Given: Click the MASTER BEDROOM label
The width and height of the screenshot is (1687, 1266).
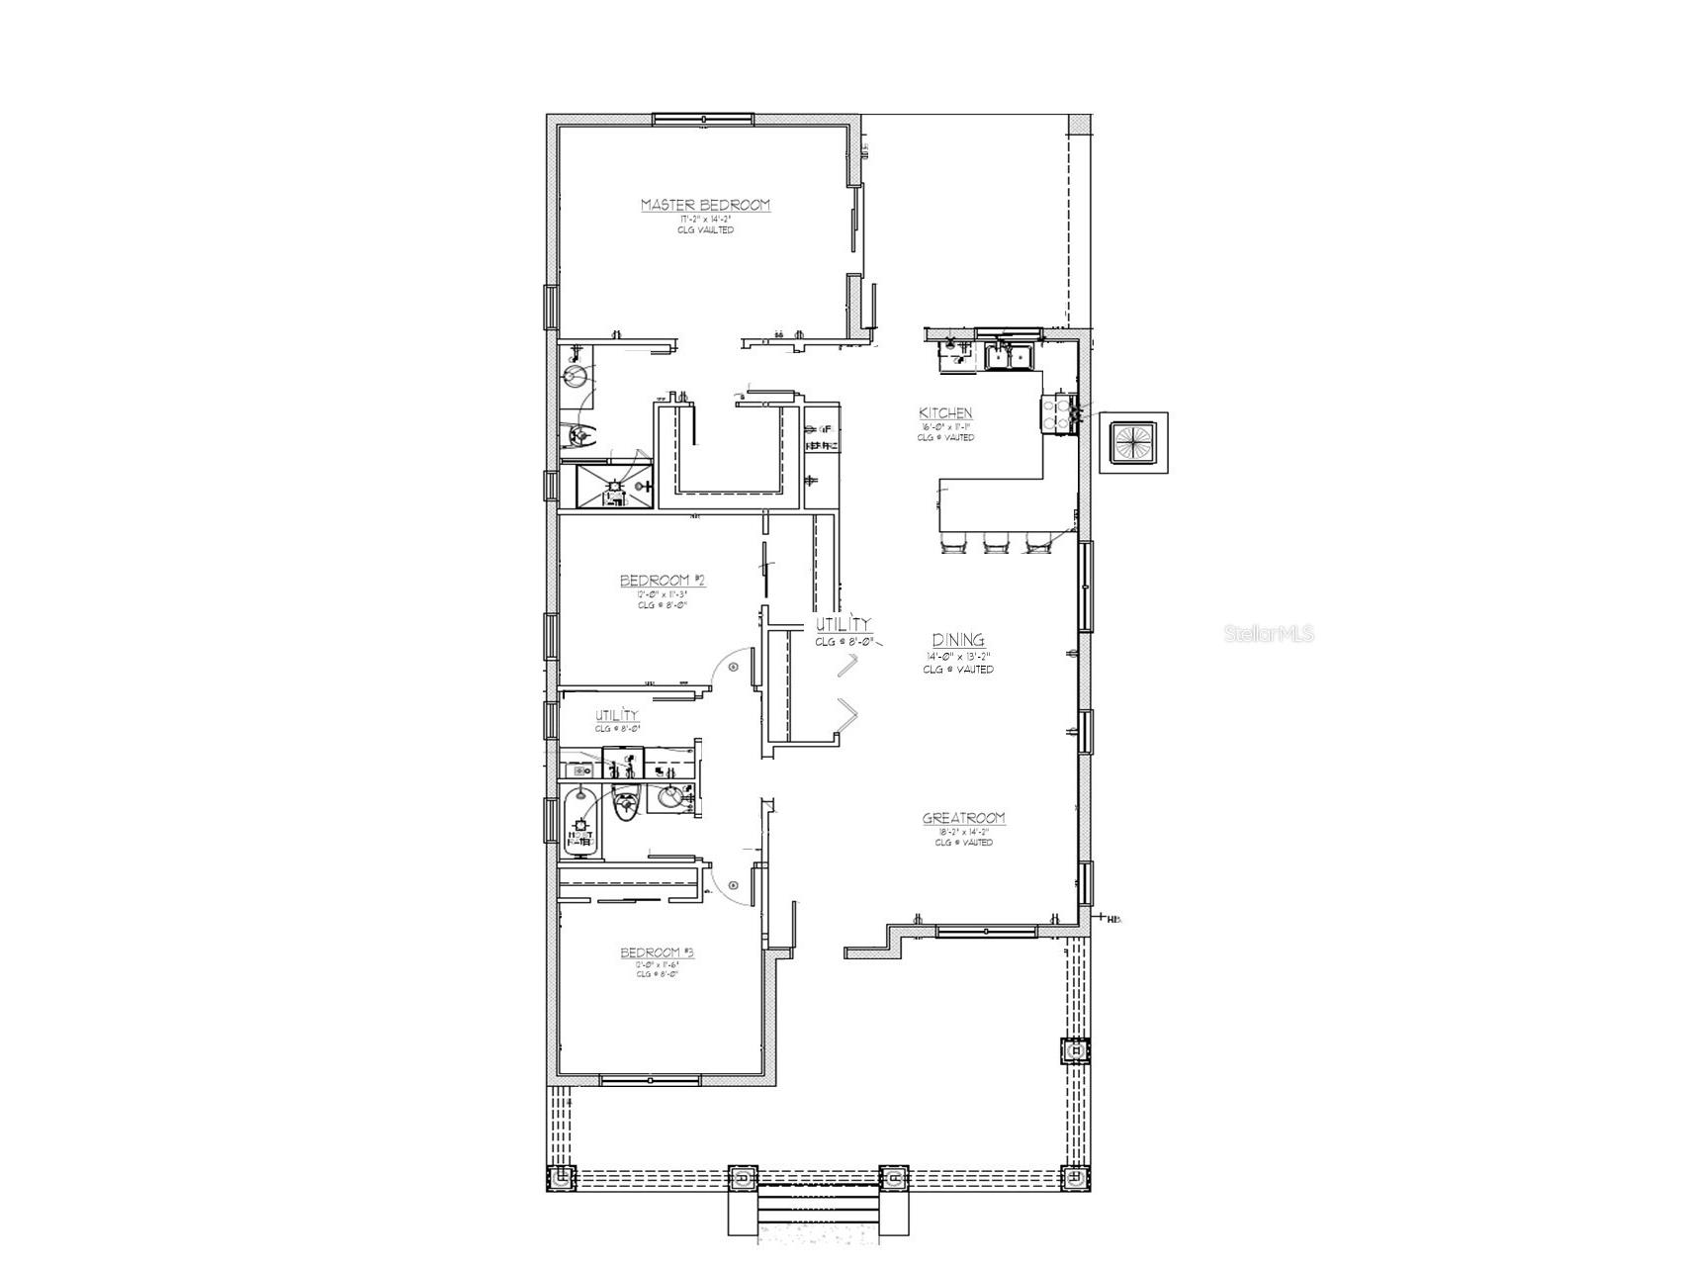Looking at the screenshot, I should click(705, 205).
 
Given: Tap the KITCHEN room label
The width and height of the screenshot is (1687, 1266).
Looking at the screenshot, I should click(945, 413).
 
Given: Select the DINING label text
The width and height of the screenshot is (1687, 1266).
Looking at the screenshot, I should click(958, 641).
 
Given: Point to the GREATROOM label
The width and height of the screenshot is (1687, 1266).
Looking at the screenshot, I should click(964, 818).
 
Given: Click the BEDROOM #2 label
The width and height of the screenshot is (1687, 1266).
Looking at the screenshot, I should click(662, 581).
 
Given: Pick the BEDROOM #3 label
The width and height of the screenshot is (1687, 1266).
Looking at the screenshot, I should click(657, 952).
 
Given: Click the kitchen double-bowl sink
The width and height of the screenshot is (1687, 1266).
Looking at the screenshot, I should click(1010, 356).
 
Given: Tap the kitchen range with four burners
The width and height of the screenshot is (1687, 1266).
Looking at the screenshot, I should click(1058, 413).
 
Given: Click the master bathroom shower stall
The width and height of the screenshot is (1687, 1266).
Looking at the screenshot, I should click(615, 488).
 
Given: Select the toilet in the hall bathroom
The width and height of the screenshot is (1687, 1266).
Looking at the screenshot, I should click(625, 804).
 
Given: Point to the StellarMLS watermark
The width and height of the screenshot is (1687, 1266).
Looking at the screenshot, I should click(1269, 634).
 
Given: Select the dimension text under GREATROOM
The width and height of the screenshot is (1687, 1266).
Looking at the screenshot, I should click(964, 833).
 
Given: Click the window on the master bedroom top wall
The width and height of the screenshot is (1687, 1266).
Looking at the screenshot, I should click(703, 120).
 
